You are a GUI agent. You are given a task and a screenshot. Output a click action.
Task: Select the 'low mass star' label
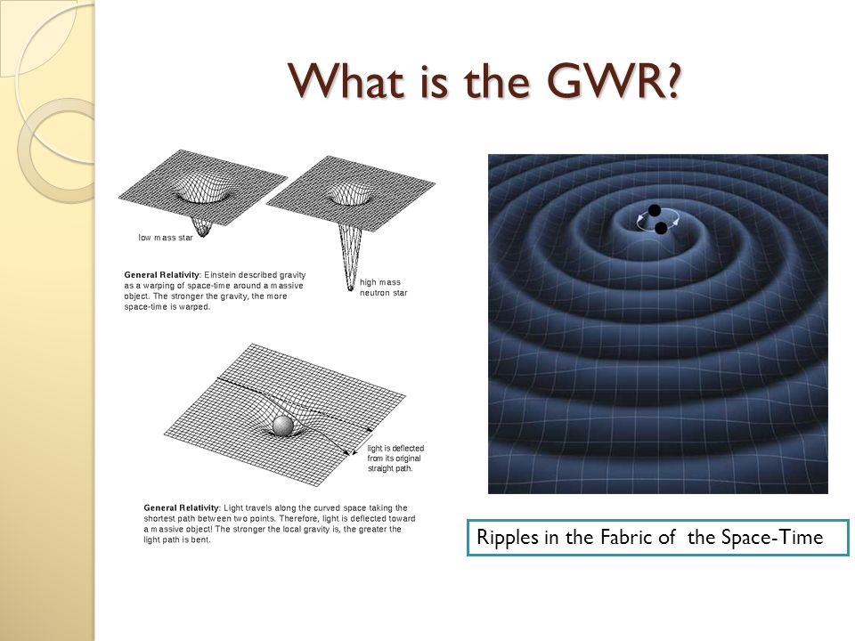[166, 238]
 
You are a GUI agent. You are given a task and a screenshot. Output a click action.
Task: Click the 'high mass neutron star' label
[383, 288]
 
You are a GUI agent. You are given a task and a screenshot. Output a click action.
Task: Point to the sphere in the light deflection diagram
[283, 426]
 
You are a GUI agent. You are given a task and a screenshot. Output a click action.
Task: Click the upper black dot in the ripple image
[655, 210]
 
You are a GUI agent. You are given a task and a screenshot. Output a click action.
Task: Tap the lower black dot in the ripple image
[660, 228]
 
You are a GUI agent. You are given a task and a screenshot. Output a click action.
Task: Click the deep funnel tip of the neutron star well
[350, 288]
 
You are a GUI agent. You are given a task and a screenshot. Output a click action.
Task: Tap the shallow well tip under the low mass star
[202, 233]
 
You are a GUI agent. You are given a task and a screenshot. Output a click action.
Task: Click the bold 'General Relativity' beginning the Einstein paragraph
[162, 275]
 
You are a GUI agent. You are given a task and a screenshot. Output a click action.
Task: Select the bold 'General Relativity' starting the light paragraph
[182, 508]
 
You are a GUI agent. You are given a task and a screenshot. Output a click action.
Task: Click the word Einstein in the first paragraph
[220, 275]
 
